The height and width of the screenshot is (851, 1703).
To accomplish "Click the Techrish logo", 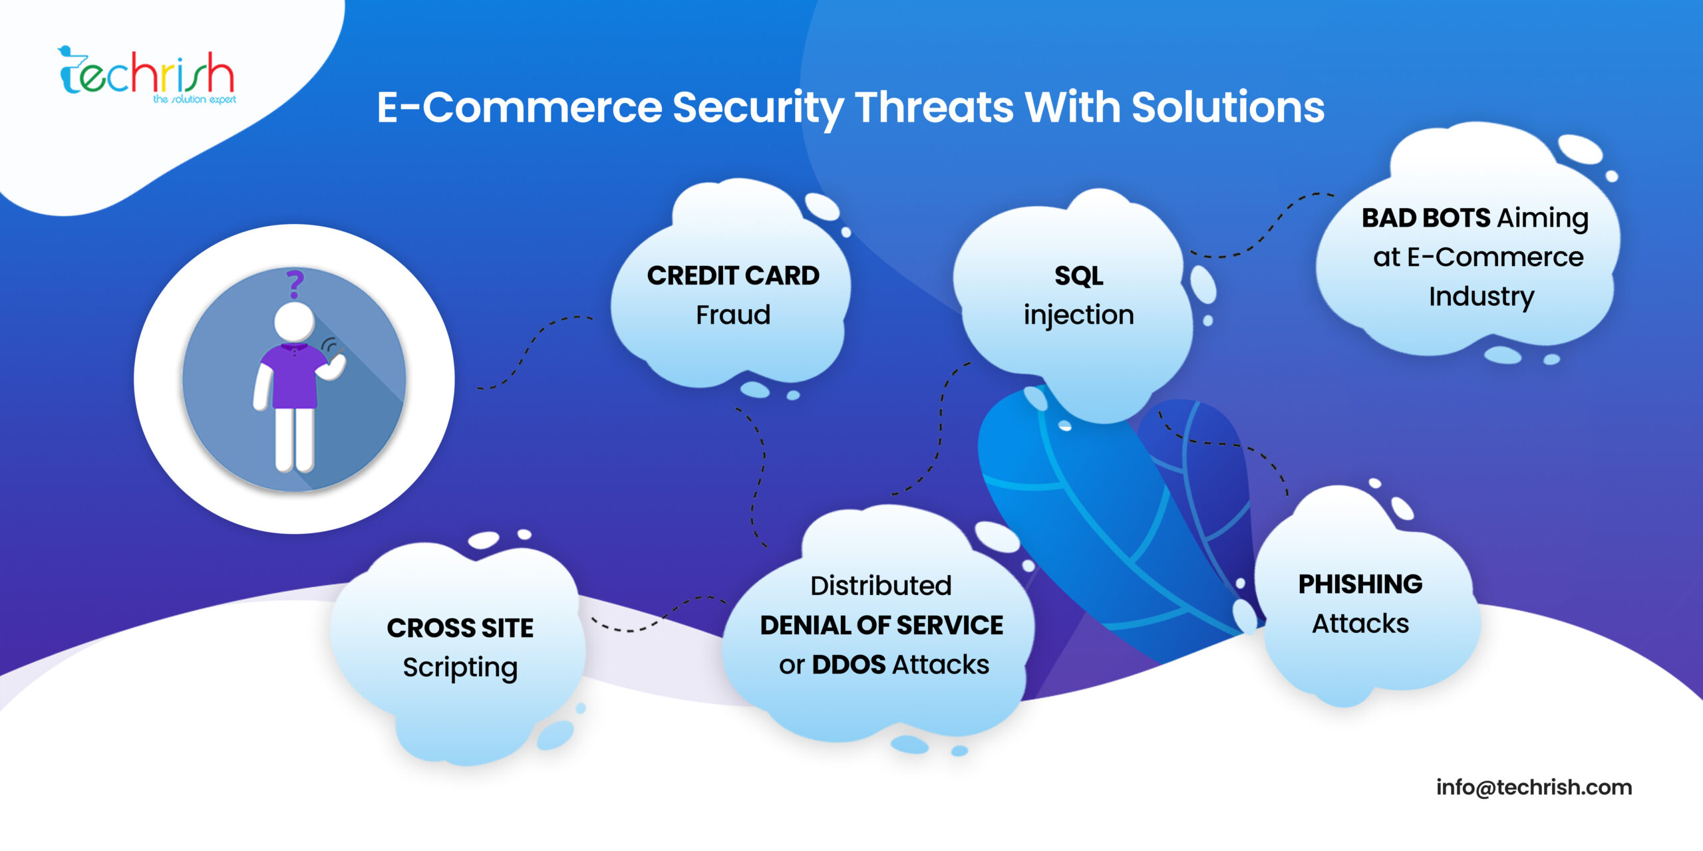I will tap(146, 74).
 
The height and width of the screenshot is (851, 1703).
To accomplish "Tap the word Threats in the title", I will tap(934, 107).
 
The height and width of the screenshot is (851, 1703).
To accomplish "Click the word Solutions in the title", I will tap(1228, 107).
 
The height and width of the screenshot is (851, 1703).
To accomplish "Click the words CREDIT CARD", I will tap(733, 276).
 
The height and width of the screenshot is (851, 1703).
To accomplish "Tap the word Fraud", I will tap(733, 315).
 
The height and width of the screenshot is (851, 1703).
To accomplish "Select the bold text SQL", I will tap(1078, 276).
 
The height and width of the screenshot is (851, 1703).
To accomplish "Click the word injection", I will tap(1078, 315).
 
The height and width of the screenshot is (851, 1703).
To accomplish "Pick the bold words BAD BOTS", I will tap(1426, 218).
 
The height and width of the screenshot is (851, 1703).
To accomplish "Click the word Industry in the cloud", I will tap(1481, 297).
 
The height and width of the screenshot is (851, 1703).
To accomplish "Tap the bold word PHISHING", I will tap(1360, 584).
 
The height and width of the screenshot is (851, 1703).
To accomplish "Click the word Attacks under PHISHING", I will tap(1360, 624).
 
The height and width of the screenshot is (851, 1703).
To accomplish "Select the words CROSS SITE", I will tap(460, 628).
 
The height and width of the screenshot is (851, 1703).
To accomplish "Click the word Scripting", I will tap(460, 668).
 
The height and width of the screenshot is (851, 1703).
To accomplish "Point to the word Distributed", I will tap(881, 586).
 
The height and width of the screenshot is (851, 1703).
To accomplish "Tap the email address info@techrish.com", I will tap(1534, 787).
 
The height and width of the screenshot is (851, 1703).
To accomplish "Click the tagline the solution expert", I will tap(194, 100).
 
